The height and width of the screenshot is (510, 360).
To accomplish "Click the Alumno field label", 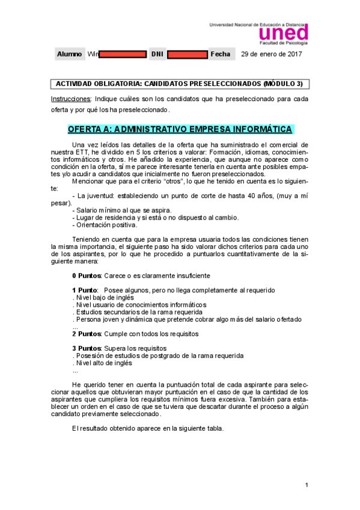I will (69, 54).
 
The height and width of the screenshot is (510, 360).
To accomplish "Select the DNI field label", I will (157, 54).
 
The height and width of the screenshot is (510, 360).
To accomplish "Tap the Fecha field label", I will (220, 54).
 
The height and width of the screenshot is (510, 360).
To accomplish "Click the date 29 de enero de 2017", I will (271, 54).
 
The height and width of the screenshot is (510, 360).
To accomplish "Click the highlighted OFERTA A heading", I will (180, 129).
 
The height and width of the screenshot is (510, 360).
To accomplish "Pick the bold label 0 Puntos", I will (87, 275).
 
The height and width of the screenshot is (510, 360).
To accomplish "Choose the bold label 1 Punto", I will (85, 290).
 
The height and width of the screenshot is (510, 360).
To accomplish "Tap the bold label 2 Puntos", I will (87, 333).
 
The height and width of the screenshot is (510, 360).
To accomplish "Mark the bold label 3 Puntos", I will (87, 348).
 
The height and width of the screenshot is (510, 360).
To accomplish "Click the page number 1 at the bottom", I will (307, 485).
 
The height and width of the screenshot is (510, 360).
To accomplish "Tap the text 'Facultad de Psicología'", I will (283, 43).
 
